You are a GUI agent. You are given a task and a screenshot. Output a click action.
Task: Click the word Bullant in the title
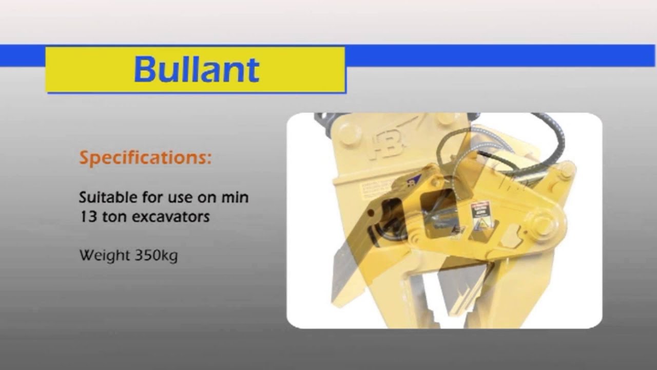(197, 69)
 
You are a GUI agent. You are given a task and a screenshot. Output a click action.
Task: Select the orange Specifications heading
(145, 158)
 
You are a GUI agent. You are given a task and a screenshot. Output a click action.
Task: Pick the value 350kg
(157, 255)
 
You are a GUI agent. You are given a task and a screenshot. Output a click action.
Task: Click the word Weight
(105, 255)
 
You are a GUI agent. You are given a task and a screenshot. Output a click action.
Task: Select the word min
(236, 197)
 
